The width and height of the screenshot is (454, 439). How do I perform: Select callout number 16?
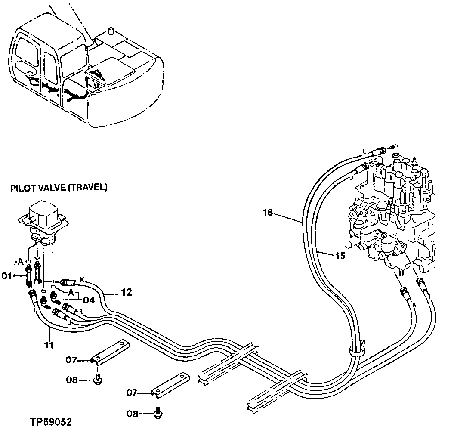click(268, 213)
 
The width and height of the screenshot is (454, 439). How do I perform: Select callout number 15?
click(340, 256)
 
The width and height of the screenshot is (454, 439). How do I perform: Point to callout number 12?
click(126, 292)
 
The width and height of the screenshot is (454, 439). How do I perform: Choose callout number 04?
click(89, 300)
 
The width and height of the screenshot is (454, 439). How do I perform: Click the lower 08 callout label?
click(133, 414)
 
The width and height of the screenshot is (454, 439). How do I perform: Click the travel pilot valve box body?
click(43, 213)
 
